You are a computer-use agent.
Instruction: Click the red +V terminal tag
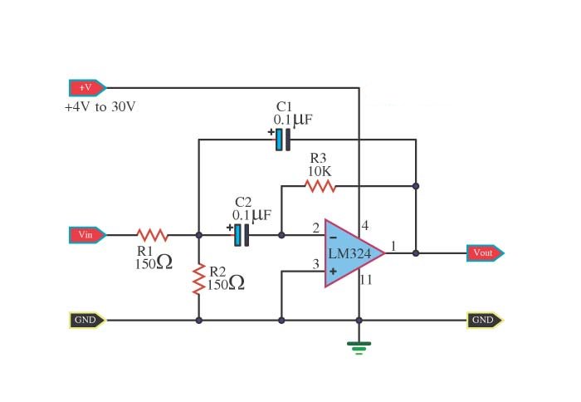(86, 87)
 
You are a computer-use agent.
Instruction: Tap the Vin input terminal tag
(86, 235)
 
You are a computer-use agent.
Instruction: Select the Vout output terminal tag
(484, 253)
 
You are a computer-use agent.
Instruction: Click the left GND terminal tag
(86, 320)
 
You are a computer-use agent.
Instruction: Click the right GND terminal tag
(484, 320)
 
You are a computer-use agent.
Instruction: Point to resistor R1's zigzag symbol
(152, 235)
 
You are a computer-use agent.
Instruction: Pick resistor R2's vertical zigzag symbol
(198, 279)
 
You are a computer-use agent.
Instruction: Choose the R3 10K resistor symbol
(320, 187)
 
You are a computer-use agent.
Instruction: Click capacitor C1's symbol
(282, 140)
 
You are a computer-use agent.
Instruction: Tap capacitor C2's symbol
(241, 235)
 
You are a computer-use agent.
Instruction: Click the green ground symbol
(359, 347)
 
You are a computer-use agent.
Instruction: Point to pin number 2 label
(315, 228)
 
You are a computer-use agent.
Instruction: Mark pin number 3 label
(315, 264)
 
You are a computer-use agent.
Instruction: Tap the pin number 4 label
(365, 225)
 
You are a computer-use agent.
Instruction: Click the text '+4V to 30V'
(100, 107)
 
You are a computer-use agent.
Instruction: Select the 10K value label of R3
(320, 171)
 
